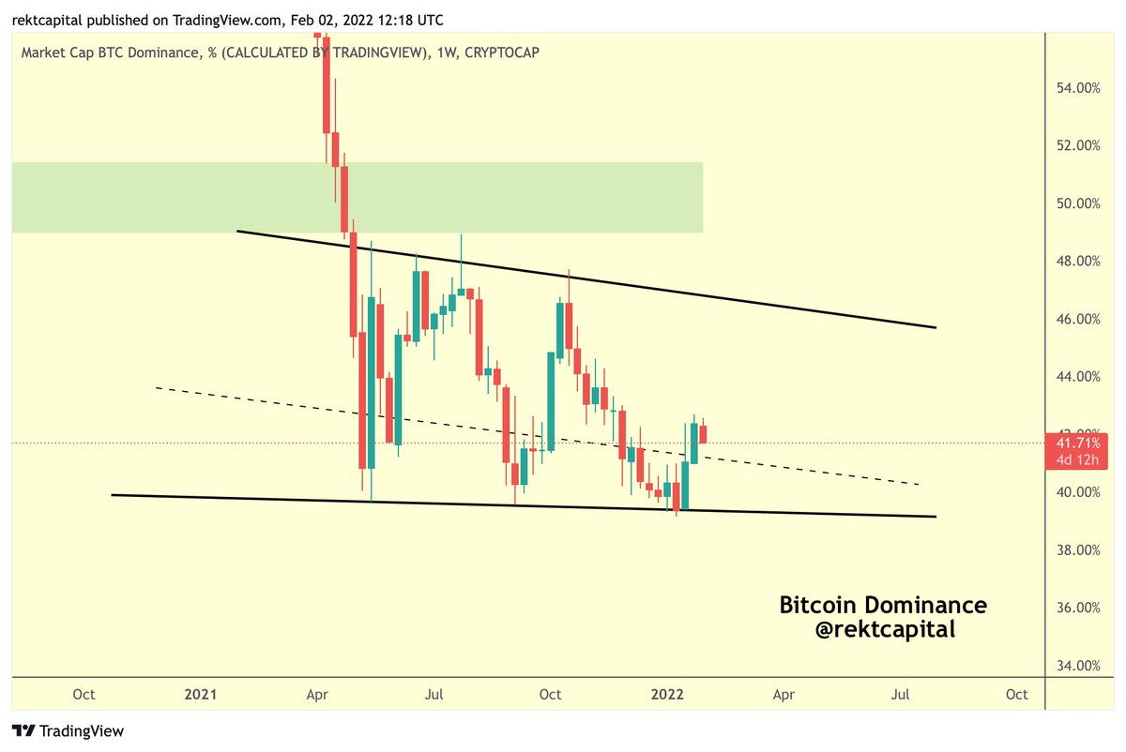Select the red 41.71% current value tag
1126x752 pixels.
pyautogui.click(x=1073, y=441)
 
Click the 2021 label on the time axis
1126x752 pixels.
pyautogui.click(x=201, y=695)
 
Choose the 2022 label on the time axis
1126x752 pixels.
pyautogui.click(x=667, y=695)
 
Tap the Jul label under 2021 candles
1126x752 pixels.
pyautogui.click(x=434, y=695)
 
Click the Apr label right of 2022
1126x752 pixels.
pyautogui.click(x=784, y=695)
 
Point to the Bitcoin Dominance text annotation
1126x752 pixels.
pyautogui.click(x=883, y=606)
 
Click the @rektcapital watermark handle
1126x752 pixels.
pyautogui.click(x=885, y=630)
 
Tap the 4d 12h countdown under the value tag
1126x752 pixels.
pyautogui.click(x=1073, y=459)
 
